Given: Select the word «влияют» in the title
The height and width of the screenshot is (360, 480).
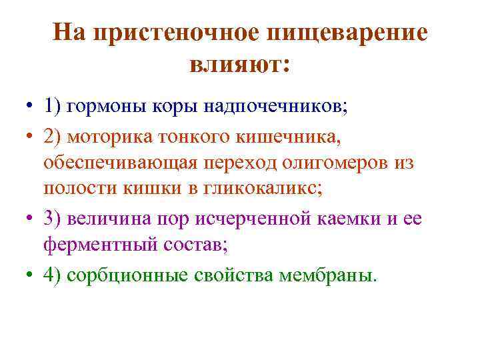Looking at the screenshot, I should coord(236,64).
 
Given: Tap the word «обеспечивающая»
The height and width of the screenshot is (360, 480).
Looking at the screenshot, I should coord(119,163).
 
